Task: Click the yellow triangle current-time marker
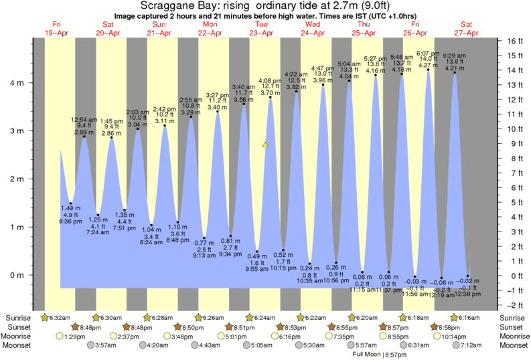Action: click(265, 144)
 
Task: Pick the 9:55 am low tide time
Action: click(256, 269)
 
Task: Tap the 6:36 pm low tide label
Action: click(70, 221)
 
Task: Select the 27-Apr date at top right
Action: click(467, 33)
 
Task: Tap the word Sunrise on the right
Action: click(514, 317)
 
